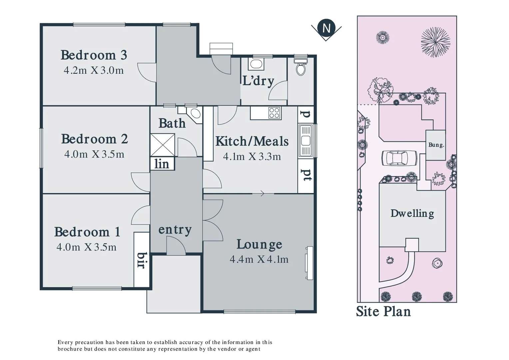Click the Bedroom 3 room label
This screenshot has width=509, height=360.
click(x=94, y=55)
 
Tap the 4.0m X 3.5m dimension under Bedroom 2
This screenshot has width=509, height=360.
click(x=94, y=154)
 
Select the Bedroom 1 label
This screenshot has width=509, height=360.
click(x=87, y=232)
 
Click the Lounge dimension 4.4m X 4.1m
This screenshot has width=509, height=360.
click(x=259, y=259)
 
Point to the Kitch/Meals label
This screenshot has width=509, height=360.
click(x=252, y=141)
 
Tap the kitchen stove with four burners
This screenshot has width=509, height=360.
click(x=274, y=113)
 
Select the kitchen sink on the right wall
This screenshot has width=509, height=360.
click(x=305, y=141)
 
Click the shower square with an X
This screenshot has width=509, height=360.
click(x=163, y=145)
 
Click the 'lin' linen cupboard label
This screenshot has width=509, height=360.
click(x=162, y=164)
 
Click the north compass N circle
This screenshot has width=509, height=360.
click(x=326, y=28)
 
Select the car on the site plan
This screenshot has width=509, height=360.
click(x=399, y=158)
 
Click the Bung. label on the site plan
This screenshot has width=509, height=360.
click(x=436, y=145)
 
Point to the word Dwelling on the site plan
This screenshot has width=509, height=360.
click(x=412, y=213)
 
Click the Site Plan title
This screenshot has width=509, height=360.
click(x=383, y=311)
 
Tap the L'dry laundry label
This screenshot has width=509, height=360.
click(x=258, y=81)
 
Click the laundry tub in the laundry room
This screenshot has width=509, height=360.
click(x=256, y=64)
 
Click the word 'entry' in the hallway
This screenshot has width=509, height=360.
click(x=175, y=230)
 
